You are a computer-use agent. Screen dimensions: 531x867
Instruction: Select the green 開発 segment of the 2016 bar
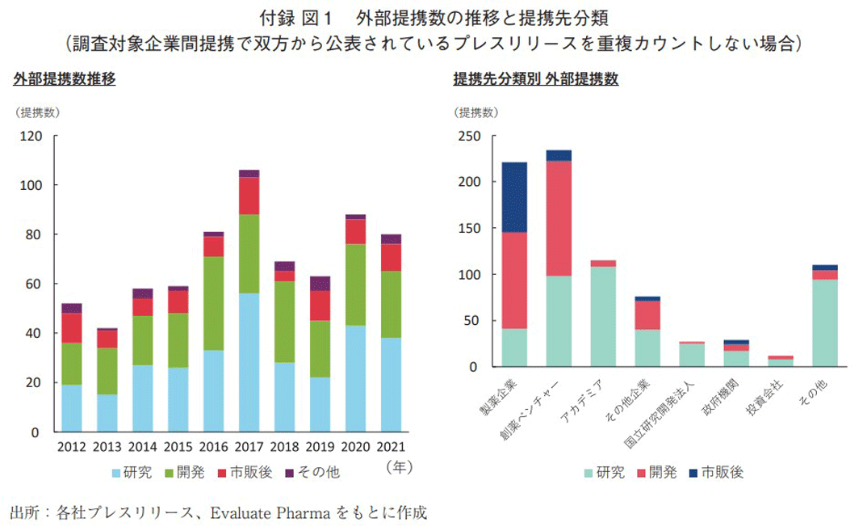(214, 303)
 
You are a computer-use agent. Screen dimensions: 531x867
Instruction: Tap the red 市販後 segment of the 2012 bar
(71, 327)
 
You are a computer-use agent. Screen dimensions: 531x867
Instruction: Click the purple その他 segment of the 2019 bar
(320, 284)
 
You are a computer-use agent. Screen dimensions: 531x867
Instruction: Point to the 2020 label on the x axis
(354, 446)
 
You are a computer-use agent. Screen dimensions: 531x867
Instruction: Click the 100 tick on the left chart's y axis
(32, 185)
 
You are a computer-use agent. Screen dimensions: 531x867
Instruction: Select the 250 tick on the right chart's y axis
(471, 136)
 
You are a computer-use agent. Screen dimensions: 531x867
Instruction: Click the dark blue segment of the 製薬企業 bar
(514, 197)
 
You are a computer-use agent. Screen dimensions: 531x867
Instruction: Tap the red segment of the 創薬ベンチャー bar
(559, 218)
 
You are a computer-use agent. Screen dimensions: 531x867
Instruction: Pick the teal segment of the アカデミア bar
(603, 316)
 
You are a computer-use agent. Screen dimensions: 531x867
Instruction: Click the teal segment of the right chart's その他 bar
(824, 322)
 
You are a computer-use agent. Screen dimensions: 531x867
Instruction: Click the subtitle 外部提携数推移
(64, 78)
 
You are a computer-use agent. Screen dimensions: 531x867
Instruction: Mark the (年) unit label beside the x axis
(400, 466)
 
